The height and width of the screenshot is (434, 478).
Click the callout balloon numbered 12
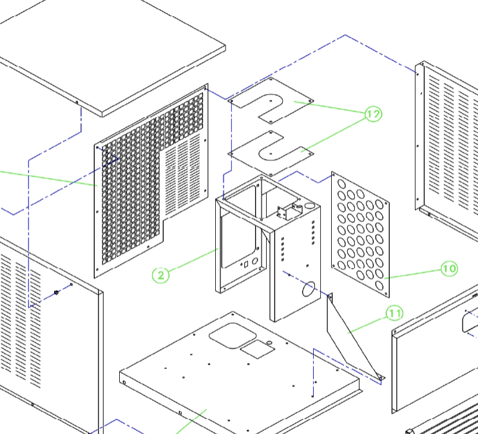pos(374,114)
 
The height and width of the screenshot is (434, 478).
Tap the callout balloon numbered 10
pos(450,269)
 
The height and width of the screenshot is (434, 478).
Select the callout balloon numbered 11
pos(395,314)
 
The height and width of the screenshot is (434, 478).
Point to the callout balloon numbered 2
pos(160,275)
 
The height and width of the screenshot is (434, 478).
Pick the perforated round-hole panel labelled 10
pos(360,234)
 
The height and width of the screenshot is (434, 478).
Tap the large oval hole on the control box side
pos(309,288)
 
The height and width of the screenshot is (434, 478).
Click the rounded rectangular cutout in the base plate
pos(233,335)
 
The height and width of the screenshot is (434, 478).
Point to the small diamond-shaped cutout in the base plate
pos(258,349)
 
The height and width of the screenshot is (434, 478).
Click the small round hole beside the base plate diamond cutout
pos(269,343)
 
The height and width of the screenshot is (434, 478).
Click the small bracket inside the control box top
pos(289,211)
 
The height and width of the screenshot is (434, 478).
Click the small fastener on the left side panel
pos(56,292)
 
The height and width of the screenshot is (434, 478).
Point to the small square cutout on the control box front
pos(246,264)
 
